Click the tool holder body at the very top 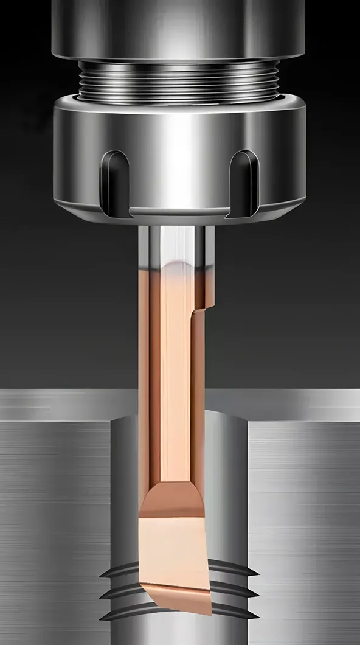(x=179, y=27)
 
